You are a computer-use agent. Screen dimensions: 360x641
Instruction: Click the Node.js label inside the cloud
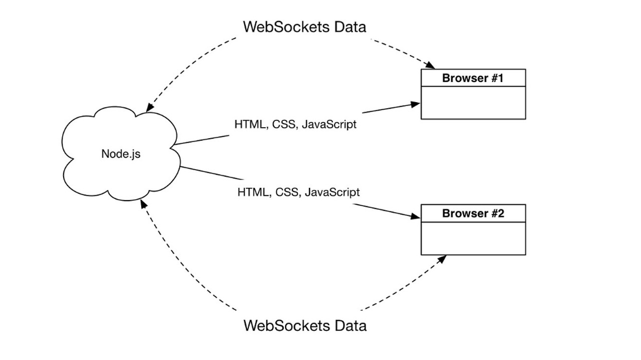point(121,154)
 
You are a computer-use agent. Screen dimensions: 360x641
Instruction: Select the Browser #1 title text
point(473,78)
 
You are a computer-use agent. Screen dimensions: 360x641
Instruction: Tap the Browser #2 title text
point(473,213)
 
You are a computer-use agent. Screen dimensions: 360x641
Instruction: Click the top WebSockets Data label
point(304,27)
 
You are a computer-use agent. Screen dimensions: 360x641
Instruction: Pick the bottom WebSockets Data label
point(304,325)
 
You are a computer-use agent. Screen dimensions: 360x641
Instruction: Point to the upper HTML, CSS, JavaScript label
point(295,124)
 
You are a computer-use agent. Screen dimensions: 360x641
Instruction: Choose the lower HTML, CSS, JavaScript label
point(298,192)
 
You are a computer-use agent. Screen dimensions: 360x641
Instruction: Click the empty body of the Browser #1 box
point(473,103)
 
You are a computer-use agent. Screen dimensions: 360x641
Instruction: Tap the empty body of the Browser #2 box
point(473,238)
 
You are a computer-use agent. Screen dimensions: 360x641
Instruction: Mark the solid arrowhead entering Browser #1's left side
point(416,104)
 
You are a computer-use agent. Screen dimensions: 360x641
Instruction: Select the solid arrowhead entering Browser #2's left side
point(416,216)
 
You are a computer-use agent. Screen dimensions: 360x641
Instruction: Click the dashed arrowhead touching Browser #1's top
point(430,66)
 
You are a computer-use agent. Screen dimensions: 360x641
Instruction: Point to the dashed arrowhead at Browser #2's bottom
point(441,259)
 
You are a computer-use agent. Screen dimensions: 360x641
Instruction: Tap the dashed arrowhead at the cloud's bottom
point(144,203)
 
